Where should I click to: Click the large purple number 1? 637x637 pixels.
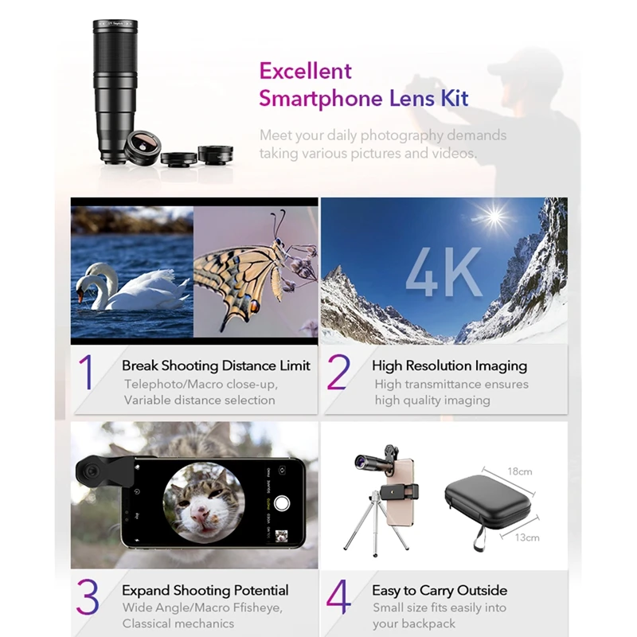(86, 373)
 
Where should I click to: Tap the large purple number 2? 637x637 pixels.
(338, 373)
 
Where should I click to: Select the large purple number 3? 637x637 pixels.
(88, 596)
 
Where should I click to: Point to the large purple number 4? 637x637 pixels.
(338, 596)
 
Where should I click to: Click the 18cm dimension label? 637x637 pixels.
(519, 471)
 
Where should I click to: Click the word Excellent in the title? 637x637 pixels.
(305, 71)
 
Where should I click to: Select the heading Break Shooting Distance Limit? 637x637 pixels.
(216, 366)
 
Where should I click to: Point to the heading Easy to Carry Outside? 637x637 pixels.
(439, 591)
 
